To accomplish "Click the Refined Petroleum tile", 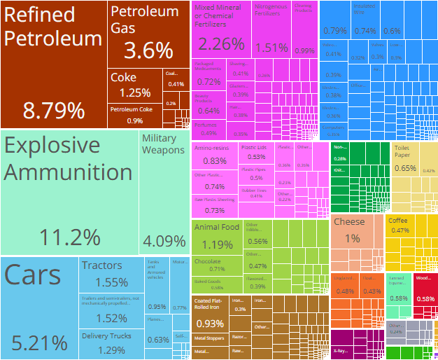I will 54,63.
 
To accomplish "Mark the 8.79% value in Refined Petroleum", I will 54,110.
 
